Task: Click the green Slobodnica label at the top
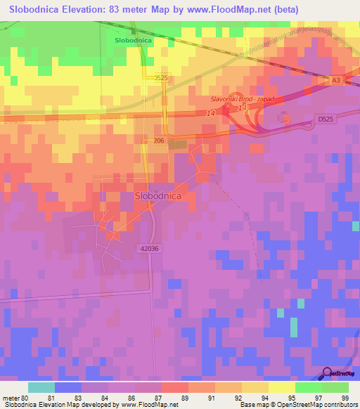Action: (134, 41)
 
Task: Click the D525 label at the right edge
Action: (325, 120)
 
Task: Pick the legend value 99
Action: (345, 397)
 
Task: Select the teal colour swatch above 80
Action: (41, 387)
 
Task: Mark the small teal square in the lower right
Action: (281, 312)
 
